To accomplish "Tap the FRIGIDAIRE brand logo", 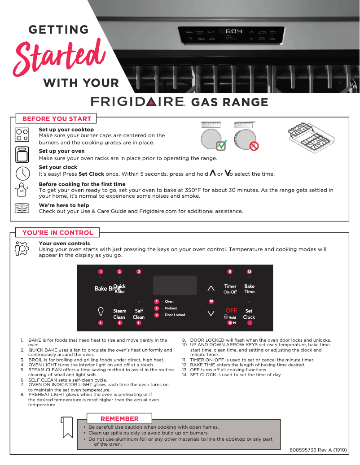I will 138,102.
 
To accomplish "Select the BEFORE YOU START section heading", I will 57,119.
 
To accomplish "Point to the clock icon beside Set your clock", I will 22,173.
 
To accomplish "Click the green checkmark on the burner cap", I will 221,145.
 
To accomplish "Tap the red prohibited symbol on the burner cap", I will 254,146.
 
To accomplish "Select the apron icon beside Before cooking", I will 22,190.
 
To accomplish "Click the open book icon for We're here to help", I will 22,209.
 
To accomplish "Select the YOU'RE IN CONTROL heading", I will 58,233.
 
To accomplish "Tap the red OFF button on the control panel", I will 231,310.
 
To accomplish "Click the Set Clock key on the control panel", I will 249,314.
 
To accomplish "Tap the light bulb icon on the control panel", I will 101,311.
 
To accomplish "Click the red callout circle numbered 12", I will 249,272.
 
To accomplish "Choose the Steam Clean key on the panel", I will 119,314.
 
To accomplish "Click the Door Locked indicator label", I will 175,315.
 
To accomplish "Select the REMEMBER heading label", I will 119,419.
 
